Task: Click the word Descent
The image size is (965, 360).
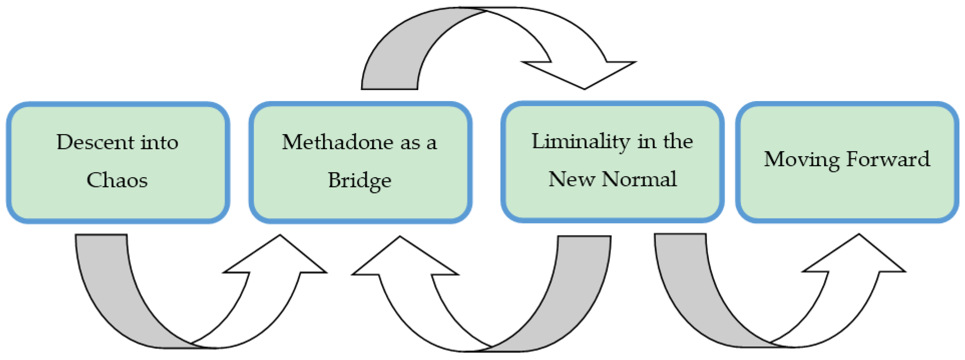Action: pyautogui.click(x=95, y=143)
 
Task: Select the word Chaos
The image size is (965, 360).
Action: pyautogui.click(x=117, y=180)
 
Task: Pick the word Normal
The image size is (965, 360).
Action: pyautogui.click(x=639, y=179)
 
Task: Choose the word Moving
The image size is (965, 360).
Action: pyautogui.click(x=801, y=160)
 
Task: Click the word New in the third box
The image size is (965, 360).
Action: pyautogui.click(x=571, y=179)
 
